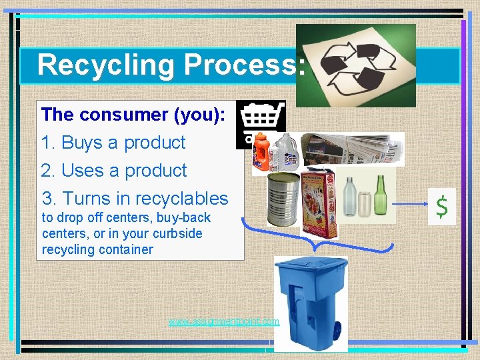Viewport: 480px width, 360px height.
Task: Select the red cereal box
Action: click(x=319, y=200)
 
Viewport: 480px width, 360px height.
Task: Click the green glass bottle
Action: click(x=381, y=194)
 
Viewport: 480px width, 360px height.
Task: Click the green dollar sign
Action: click(x=442, y=207)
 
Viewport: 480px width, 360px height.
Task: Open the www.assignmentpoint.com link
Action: click(x=223, y=321)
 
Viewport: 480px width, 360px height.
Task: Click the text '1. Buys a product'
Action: click(x=113, y=143)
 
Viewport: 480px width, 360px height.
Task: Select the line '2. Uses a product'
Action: click(x=114, y=171)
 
